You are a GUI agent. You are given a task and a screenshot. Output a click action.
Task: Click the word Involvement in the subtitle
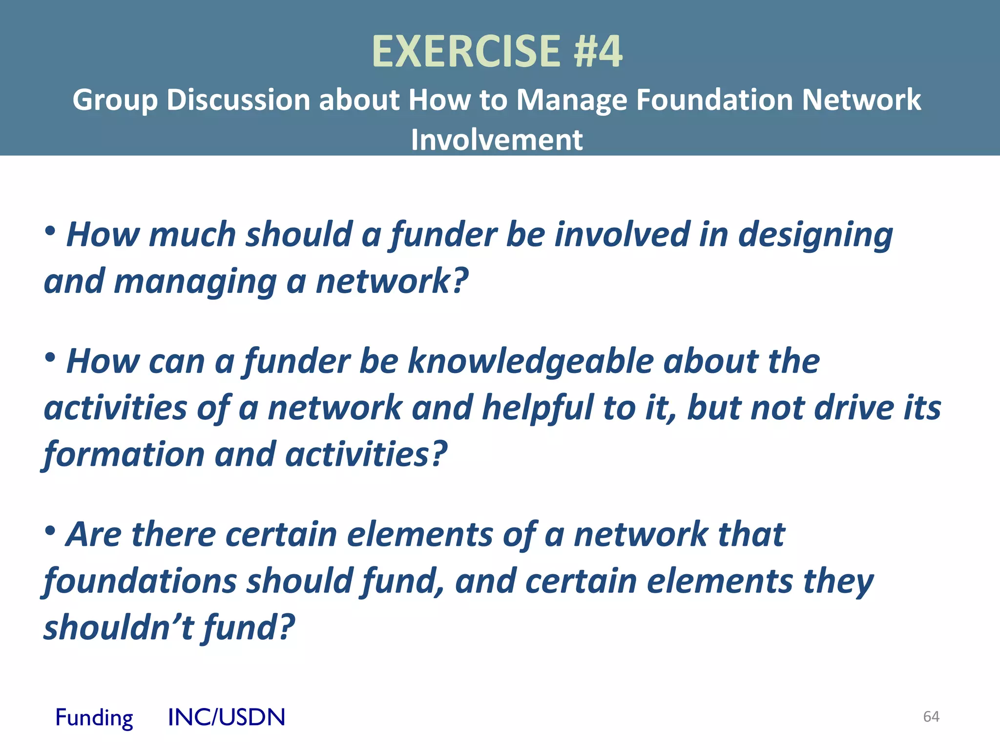[x=497, y=140]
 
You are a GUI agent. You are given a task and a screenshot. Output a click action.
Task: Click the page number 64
[x=931, y=716]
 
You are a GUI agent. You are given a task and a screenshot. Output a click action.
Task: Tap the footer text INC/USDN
[x=226, y=717]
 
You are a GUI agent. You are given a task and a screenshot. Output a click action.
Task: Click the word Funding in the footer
[x=94, y=717]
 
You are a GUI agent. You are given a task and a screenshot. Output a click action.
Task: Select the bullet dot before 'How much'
[x=50, y=231]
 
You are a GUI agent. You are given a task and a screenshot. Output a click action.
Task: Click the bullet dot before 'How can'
[x=50, y=358]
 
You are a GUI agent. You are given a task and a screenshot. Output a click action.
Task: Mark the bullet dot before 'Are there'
[x=50, y=531]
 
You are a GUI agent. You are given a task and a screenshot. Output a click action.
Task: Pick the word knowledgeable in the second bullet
[x=531, y=362]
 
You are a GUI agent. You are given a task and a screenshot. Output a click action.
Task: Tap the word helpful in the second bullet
[x=538, y=408]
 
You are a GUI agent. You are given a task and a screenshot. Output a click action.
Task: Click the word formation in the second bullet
[x=124, y=455]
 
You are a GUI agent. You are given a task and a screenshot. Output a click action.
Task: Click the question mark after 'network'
[x=460, y=281]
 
